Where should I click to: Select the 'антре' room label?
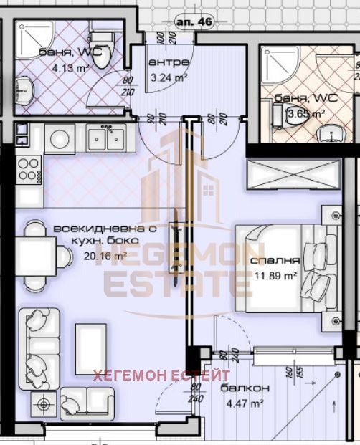coord(169,63)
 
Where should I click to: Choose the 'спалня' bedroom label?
coord(275,261)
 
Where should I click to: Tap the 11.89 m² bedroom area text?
coord(275,274)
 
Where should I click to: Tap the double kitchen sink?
coord(106,136)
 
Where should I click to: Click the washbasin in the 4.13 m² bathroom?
coord(25,90)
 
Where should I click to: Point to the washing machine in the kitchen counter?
coord(60,138)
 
